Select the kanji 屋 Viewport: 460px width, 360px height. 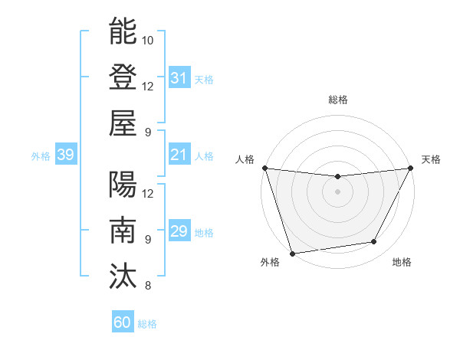click(x=123, y=123)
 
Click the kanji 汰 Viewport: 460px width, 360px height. click(x=123, y=276)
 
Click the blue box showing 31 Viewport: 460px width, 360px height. click(x=179, y=78)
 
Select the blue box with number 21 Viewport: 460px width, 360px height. click(x=179, y=155)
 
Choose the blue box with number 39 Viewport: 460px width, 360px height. click(x=65, y=155)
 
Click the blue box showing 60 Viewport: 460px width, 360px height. click(x=122, y=322)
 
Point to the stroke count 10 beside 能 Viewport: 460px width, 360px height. click(x=148, y=40)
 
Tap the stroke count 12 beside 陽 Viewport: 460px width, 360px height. click(x=148, y=193)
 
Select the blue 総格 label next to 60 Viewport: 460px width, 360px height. click(x=147, y=324)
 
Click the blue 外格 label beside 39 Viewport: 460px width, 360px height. click(x=41, y=156)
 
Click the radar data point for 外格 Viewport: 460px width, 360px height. click(x=292, y=253)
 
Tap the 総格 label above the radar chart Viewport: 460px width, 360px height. click(x=337, y=100)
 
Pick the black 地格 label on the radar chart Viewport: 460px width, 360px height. click(x=402, y=262)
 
